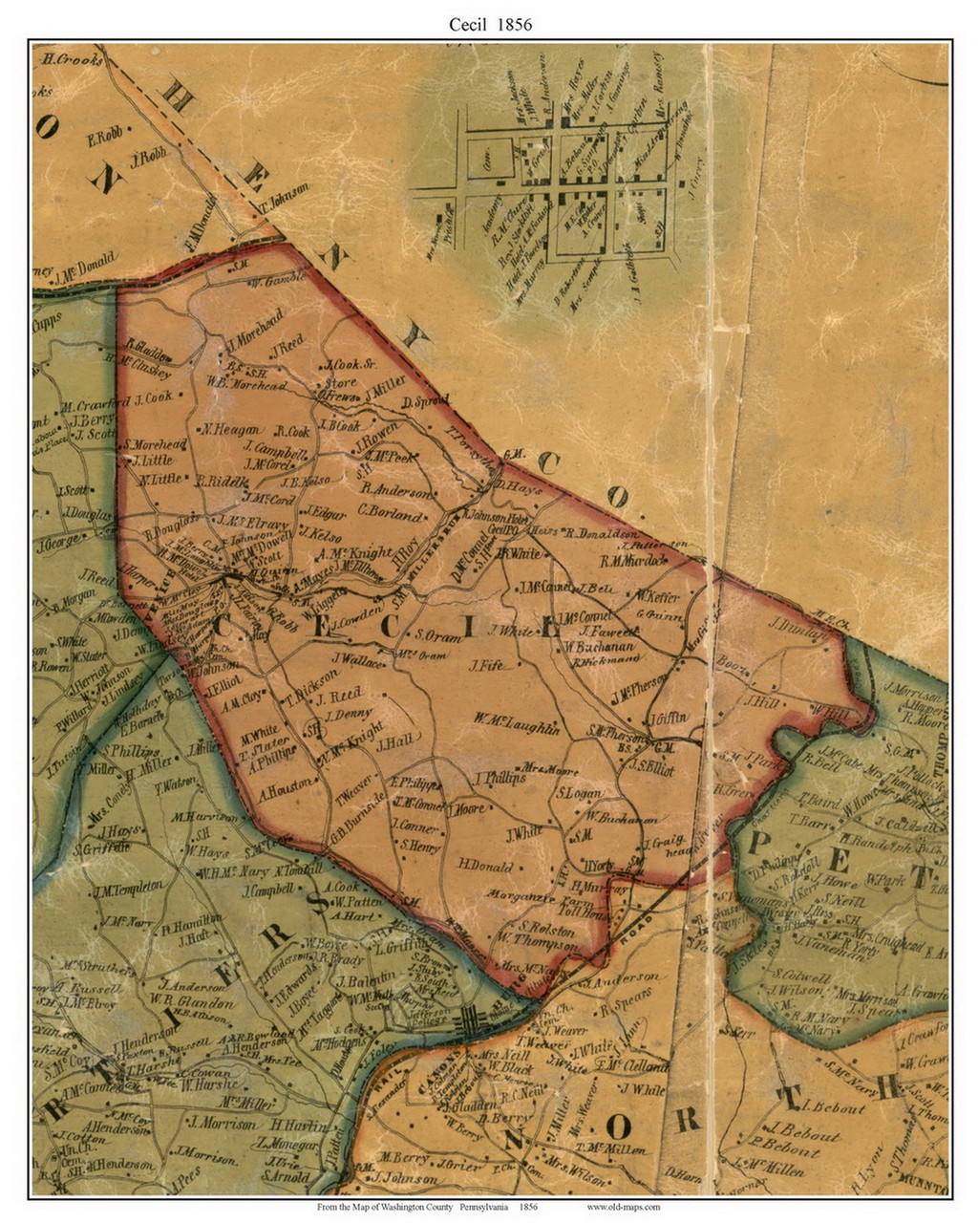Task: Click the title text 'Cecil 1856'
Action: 490,25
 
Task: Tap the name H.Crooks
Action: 72,59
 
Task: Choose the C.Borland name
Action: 391,515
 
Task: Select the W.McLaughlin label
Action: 516,728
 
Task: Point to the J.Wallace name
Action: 358,660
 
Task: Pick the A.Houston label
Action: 285,789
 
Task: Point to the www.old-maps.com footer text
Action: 623,1207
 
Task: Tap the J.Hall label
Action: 393,742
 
